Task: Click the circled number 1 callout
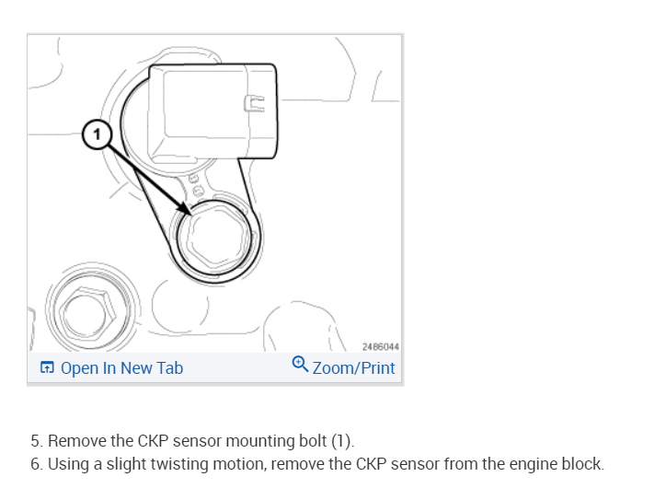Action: (x=97, y=134)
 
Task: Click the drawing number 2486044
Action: (x=379, y=346)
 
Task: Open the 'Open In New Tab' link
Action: (x=121, y=368)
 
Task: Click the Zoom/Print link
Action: (x=353, y=368)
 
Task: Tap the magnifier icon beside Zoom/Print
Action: (x=300, y=365)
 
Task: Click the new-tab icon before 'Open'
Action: (x=47, y=368)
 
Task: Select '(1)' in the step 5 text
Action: (x=341, y=440)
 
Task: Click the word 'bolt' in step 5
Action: (x=310, y=440)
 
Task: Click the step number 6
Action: (x=35, y=464)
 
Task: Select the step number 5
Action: (x=35, y=440)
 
